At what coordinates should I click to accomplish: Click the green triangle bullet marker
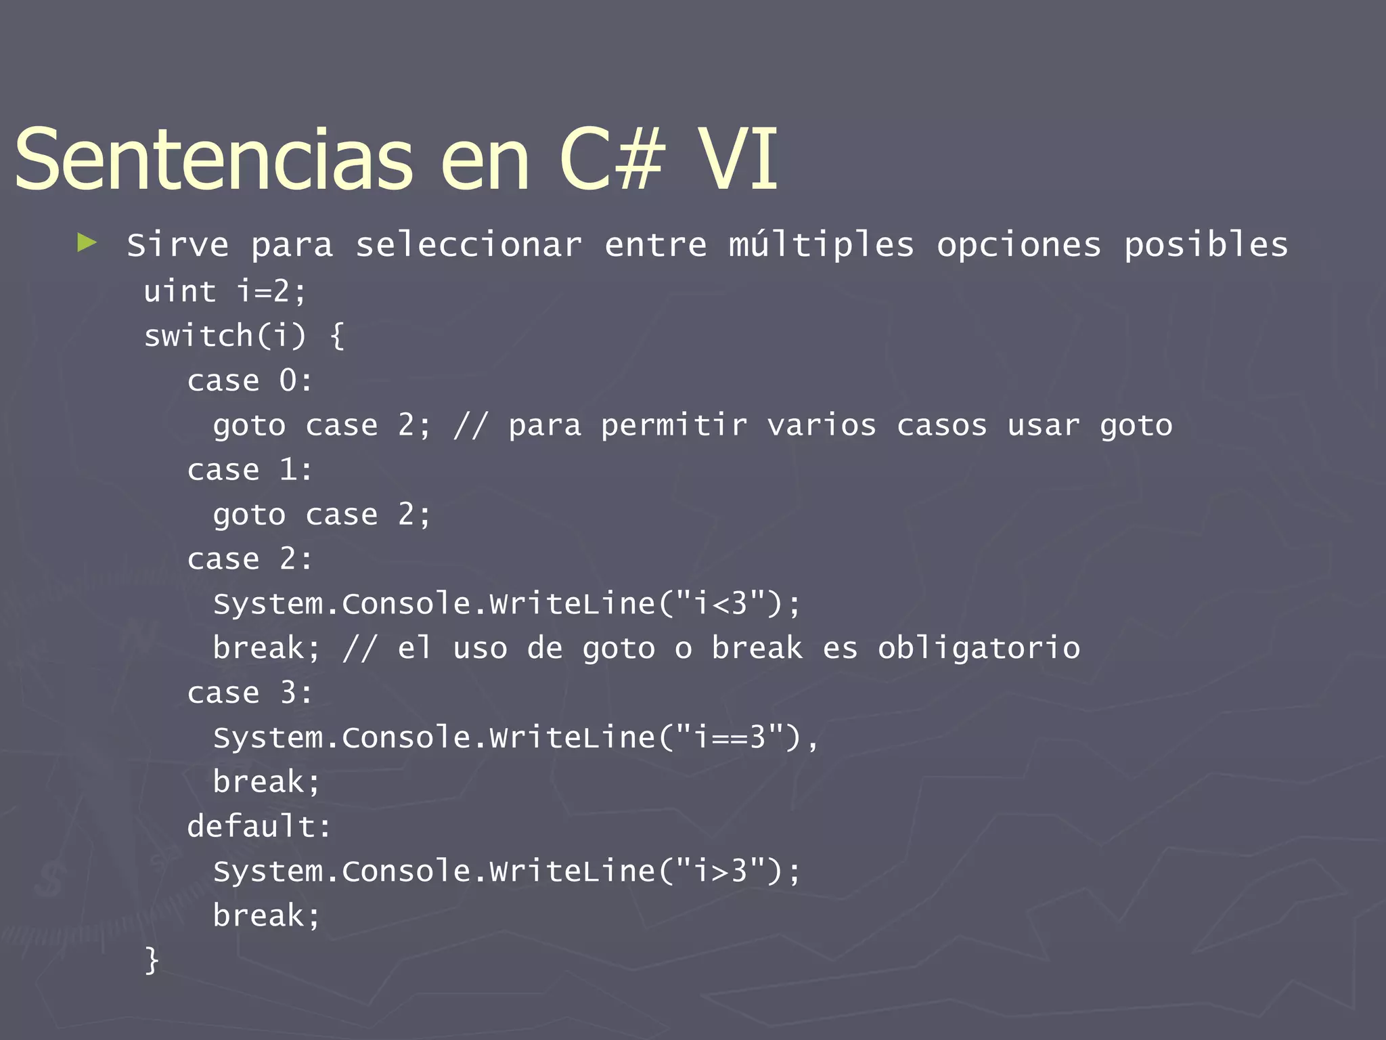coord(87,242)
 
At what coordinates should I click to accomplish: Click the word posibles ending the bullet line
coord(1206,245)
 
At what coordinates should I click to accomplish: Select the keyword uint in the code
coord(180,292)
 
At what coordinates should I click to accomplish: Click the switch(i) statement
coord(225,336)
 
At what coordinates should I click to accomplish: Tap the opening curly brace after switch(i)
coord(337,336)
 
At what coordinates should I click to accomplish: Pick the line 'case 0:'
coord(250,381)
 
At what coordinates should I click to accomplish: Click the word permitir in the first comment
coord(674,426)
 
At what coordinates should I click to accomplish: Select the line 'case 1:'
coord(250,470)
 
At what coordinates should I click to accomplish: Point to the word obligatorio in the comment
coord(979,648)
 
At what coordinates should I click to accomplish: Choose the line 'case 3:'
coord(250,693)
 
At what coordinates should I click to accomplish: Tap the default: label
coord(259,827)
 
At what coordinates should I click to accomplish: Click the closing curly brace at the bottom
coord(152,960)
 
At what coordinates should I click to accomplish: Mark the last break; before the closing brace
coord(266,915)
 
